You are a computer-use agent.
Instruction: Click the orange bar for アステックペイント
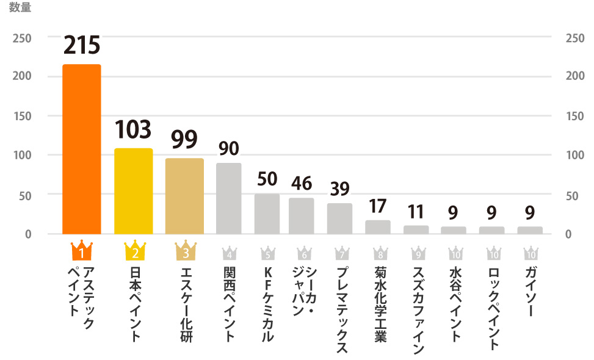[82, 149]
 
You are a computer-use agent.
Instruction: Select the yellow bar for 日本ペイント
[133, 191]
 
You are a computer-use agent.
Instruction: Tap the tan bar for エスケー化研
[184, 196]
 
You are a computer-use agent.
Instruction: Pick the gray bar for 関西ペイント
[229, 198]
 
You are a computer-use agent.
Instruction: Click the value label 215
[82, 45]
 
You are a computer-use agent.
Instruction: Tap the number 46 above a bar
[301, 182]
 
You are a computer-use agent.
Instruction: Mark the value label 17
[377, 206]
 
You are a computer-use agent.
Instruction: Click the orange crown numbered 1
[81, 250]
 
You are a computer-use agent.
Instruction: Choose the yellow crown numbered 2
[134, 250]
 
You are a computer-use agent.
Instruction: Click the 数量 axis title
[20, 9]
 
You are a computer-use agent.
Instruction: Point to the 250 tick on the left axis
[22, 37]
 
